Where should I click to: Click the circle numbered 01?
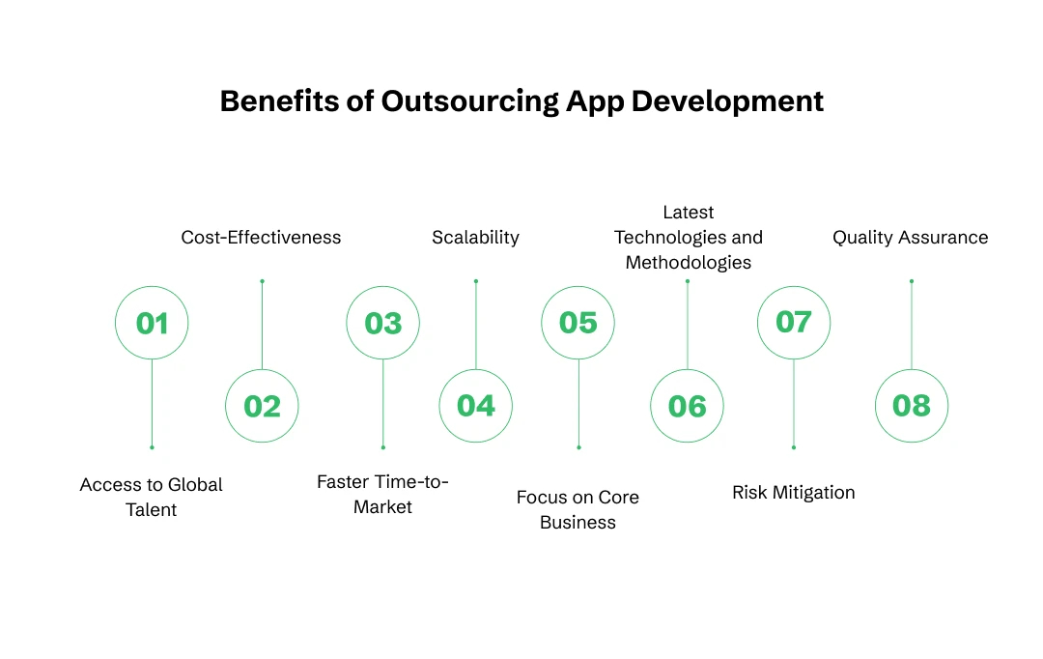(x=152, y=323)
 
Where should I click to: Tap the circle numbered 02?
(x=262, y=406)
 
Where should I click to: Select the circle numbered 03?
(x=383, y=323)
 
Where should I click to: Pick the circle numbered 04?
(x=476, y=406)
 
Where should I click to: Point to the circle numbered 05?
(x=578, y=323)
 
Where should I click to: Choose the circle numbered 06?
(x=687, y=406)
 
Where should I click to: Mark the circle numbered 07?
(x=794, y=322)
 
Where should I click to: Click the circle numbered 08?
(x=912, y=406)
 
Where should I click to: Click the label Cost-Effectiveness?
(x=261, y=238)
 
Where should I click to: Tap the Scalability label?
(x=475, y=238)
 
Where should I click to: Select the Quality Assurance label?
(x=911, y=238)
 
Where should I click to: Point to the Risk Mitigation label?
(x=794, y=493)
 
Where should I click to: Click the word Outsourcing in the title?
(x=470, y=101)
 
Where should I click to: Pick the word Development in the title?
(x=727, y=101)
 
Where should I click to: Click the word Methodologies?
(x=689, y=263)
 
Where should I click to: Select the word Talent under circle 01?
(x=152, y=510)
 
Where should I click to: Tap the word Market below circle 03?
(x=383, y=507)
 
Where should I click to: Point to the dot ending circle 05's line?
(x=578, y=447)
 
